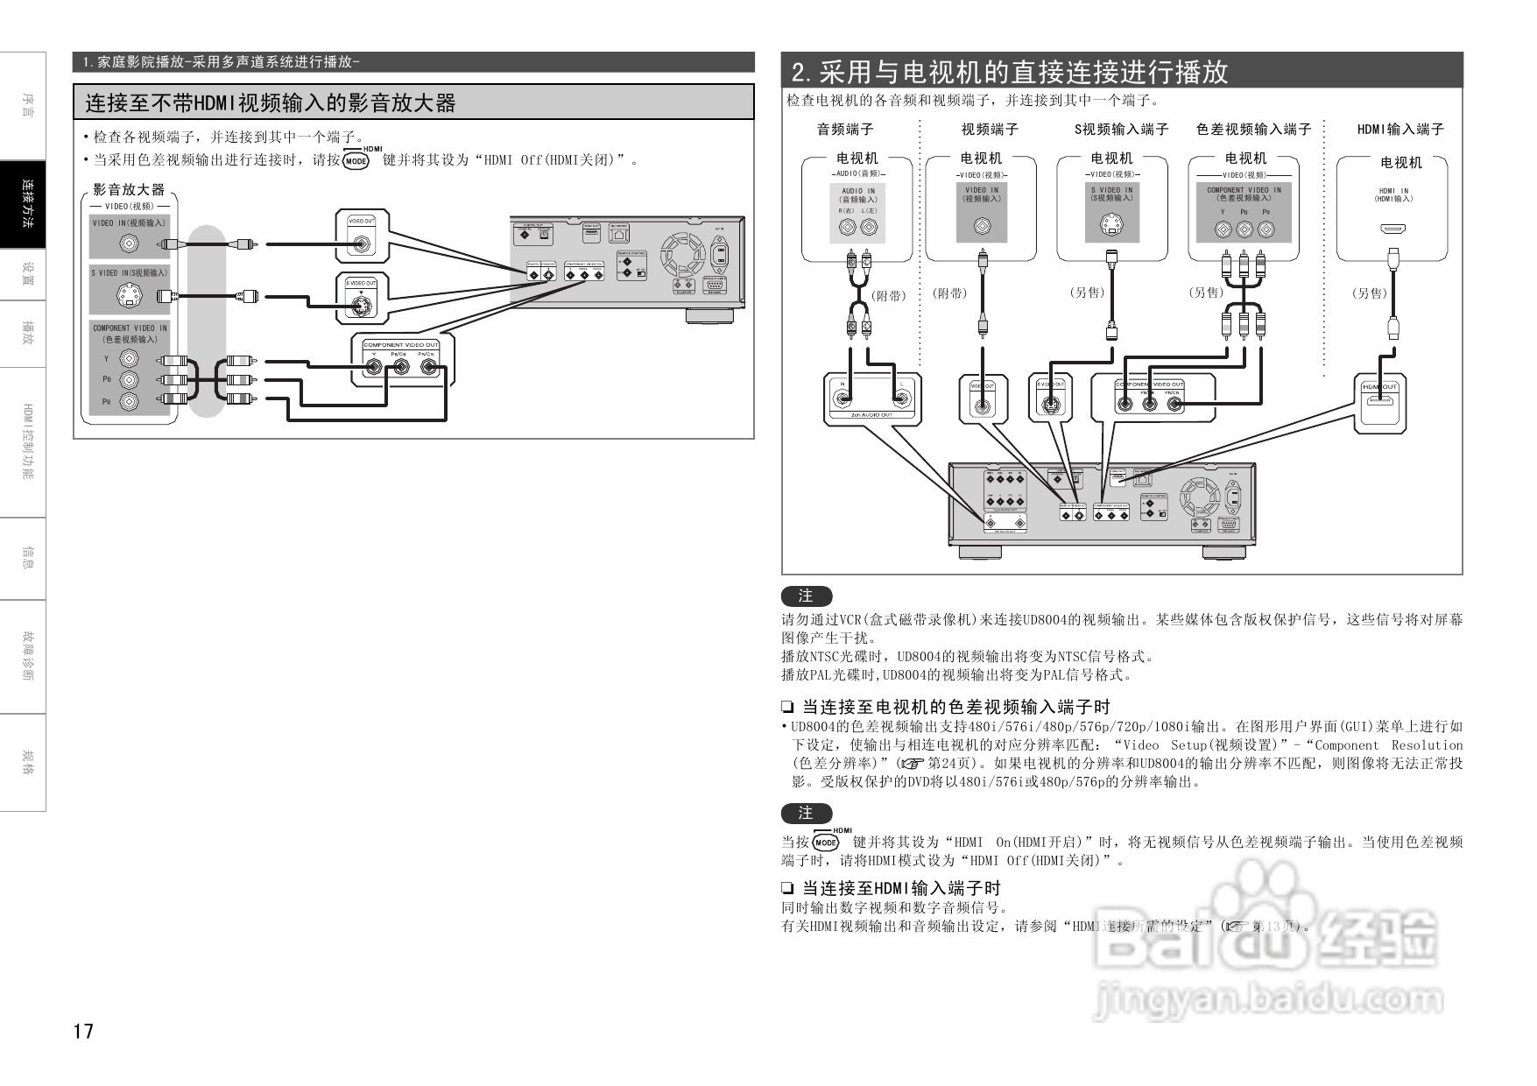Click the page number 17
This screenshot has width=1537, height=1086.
click(x=83, y=1031)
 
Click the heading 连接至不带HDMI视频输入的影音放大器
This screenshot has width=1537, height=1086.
click(x=271, y=103)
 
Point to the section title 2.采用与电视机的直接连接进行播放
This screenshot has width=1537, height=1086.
click(x=1010, y=72)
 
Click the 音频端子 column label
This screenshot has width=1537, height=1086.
click(x=845, y=130)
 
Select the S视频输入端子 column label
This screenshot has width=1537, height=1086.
click(x=1121, y=130)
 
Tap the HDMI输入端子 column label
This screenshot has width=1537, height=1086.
click(x=1400, y=130)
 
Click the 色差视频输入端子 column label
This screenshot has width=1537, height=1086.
click(x=1253, y=130)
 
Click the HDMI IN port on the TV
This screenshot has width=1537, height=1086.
click(x=1393, y=229)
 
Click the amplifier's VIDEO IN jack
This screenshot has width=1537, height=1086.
click(x=129, y=244)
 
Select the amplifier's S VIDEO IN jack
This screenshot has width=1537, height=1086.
click(x=129, y=296)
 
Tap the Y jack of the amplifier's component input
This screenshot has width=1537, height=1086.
click(x=129, y=359)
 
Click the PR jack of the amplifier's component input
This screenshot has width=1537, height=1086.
click(x=129, y=402)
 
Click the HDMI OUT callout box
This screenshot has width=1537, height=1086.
click(x=1382, y=402)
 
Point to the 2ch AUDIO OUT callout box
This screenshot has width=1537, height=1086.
click(x=872, y=399)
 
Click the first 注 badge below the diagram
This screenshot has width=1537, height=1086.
click(x=806, y=596)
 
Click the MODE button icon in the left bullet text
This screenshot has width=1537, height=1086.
click(x=356, y=161)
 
